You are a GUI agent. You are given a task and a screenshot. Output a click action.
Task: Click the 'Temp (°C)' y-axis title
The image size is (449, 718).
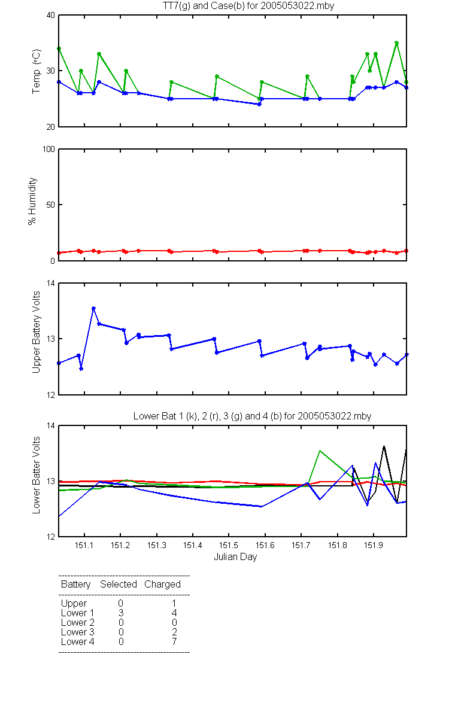point(37,71)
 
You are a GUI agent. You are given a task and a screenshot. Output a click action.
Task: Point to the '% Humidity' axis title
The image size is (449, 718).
point(32,201)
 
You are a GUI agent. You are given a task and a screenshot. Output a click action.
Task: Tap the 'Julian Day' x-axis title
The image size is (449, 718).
point(235,557)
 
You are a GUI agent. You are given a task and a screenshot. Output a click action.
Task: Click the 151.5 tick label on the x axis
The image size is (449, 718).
point(228,545)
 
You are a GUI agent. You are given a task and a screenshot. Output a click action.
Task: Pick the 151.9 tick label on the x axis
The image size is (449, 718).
point(374,545)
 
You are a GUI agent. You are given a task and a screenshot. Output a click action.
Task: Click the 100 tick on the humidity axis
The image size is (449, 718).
point(48,149)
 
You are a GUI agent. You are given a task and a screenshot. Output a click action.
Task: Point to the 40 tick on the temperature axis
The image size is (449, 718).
point(51,15)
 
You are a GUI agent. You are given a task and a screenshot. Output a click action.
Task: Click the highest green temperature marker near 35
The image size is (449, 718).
point(397,42)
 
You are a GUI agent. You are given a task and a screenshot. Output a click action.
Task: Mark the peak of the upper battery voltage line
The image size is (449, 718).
point(93,308)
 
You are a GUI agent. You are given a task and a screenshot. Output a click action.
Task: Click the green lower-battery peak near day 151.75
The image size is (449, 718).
point(320,451)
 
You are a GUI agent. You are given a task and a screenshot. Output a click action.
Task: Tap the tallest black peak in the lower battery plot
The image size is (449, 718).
point(384,446)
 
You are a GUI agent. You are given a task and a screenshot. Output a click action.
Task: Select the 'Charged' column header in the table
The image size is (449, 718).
point(162,585)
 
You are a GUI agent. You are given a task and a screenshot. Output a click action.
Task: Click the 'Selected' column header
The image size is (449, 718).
point(119,584)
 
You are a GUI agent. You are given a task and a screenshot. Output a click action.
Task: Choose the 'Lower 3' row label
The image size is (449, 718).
point(78,632)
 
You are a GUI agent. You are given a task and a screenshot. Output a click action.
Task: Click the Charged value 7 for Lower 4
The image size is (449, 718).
point(174,641)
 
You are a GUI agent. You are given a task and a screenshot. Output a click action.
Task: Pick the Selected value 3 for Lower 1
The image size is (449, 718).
point(121,613)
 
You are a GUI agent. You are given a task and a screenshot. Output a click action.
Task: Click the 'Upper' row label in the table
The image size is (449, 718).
point(74,604)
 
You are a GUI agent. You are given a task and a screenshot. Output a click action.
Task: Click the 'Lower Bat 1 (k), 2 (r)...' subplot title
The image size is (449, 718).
point(253,416)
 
